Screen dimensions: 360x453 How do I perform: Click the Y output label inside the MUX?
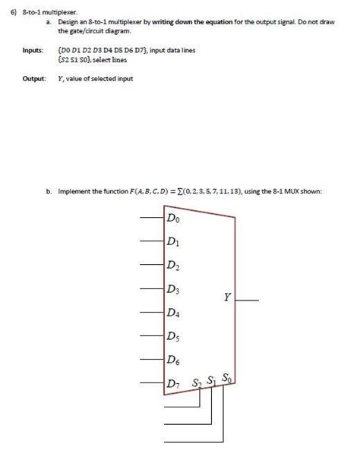pos(227,297)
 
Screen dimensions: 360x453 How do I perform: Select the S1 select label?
pos(213,380)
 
